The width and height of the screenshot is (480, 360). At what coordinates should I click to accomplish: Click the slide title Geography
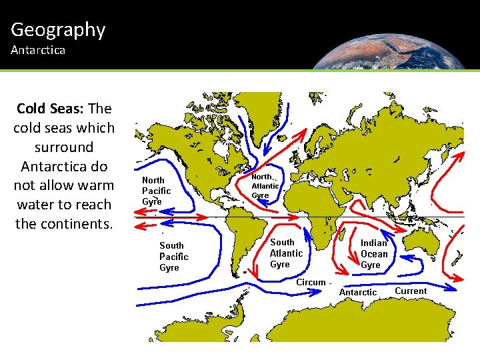click(x=58, y=29)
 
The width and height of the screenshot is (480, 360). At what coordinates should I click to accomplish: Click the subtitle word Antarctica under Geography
click(x=38, y=51)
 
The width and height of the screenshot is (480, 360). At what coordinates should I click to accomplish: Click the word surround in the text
click(x=65, y=147)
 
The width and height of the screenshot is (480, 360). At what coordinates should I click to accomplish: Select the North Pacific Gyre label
click(x=156, y=191)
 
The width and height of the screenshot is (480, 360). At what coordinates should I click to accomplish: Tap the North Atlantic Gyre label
click(x=265, y=186)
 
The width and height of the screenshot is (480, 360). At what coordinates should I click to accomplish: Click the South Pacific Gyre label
click(x=173, y=257)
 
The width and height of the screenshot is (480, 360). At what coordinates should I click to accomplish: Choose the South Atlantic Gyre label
click(x=286, y=253)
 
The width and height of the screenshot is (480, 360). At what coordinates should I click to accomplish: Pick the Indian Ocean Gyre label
click(x=373, y=254)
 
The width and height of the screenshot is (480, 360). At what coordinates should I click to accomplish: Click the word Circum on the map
click(x=311, y=282)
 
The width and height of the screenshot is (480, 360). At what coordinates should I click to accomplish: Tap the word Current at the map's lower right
click(x=411, y=291)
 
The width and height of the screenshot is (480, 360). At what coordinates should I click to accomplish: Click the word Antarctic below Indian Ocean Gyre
click(x=358, y=293)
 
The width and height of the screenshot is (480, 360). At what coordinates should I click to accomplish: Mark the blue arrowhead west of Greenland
click(x=264, y=151)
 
